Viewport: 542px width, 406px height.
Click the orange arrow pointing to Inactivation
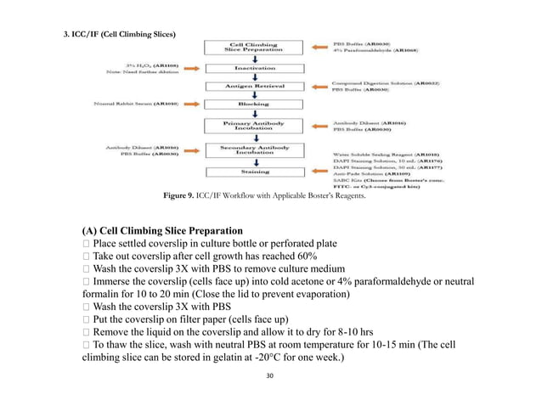(x=193, y=67)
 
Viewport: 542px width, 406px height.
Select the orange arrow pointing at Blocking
(x=193, y=104)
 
